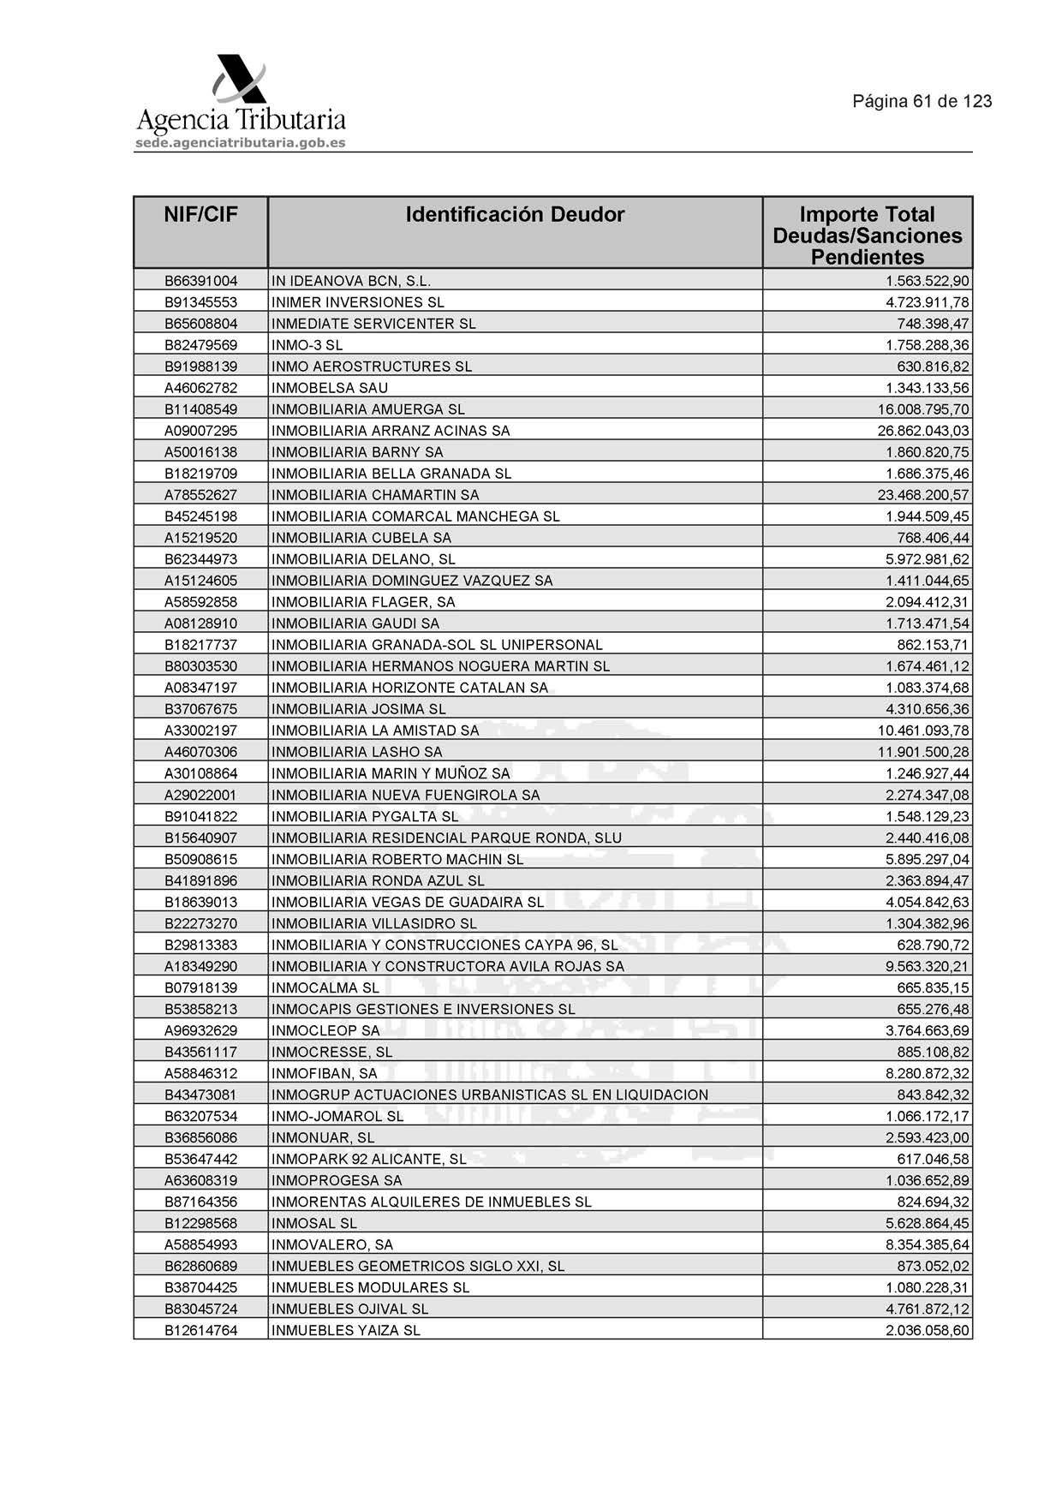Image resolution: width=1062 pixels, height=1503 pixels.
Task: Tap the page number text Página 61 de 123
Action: tap(922, 101)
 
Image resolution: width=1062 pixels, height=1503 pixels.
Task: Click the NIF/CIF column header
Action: tap(200, 214)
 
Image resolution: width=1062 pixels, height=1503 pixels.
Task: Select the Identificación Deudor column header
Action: tap(515, 214)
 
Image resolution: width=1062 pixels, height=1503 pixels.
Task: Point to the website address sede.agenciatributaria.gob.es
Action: tap(240, 143)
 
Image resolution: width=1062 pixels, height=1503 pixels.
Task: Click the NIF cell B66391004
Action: tap(200, 281)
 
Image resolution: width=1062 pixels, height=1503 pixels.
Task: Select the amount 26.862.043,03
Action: tap(923, 431)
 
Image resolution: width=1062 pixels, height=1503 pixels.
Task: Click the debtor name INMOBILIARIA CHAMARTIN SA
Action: tap(375, 495)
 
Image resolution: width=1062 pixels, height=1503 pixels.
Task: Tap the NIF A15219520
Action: tap(200, 538)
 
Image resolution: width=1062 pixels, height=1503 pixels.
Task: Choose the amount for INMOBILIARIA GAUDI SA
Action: tap(928, 623)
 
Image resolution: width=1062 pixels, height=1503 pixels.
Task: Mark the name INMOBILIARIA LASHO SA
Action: tap(357, 752)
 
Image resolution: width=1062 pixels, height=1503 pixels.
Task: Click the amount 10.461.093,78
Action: tap(923, 731)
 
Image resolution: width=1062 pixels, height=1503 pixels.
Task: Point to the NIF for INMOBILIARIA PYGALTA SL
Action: tap(200, 816)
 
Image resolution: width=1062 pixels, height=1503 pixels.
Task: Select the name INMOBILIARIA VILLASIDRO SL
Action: tap(374, 923)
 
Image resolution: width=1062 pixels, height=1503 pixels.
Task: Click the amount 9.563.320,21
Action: tap(928, 966)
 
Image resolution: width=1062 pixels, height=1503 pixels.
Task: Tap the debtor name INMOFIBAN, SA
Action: tap(325, 1073)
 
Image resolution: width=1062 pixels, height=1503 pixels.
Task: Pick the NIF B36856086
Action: tap(200, 1137)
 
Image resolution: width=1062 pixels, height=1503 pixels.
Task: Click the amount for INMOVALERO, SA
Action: tap(928, 1244)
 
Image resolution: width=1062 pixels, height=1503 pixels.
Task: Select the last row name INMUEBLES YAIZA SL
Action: tap(346, 1330)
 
